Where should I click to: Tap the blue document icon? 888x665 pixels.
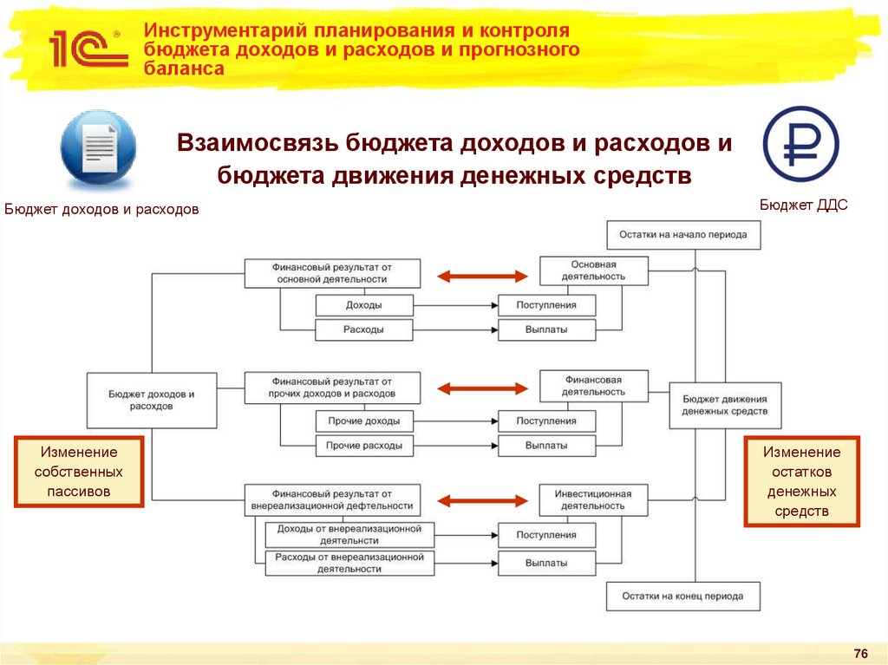pos(98,150)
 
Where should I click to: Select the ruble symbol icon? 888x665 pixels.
pos(800,144)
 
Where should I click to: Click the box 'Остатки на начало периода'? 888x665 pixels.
pos(683,235)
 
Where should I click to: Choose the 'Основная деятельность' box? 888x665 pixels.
pos(593,271)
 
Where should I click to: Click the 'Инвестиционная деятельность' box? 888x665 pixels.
pos(593,499)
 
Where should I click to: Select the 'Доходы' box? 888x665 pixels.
pos(363,305)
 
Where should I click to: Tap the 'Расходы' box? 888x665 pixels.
pos(363,330)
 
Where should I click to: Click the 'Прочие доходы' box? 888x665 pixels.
pos(363,421)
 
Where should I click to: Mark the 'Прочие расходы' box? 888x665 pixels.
pos(363,446)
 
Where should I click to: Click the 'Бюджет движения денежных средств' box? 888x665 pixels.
pos(725,404)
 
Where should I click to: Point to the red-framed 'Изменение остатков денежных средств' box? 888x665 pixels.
pos(801,482)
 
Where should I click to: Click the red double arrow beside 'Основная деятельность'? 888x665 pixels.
pos(482,277)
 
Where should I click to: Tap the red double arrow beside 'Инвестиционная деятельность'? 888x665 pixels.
pos(482,500)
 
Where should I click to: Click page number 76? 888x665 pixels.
pos(860,653)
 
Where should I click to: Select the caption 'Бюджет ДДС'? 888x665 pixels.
pos(803,205)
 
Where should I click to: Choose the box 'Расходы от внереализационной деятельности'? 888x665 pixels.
pos(349,563)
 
